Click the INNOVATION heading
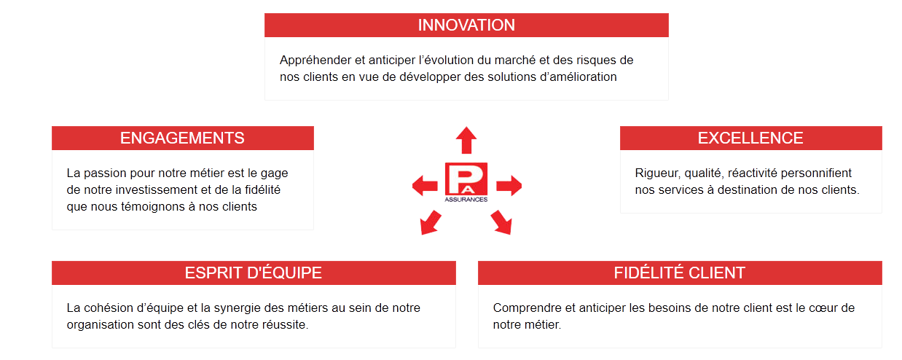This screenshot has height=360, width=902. [x=466, y=25]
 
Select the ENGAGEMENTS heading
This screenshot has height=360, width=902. [x=182, y=138]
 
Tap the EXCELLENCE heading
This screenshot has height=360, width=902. [x=750, y=138]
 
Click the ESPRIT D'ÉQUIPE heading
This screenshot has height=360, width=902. [x=254, y=273]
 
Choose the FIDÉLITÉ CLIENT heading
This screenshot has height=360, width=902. [x=680, y=273]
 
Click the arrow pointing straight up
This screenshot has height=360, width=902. [x=466, y=141]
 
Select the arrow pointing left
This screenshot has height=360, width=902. [x=425, y=186]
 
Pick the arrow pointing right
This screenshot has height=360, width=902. [x=509, y=186]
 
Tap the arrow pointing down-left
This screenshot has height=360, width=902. [x=430, y=223]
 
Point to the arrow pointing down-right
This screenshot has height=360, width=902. [x=502, y=222]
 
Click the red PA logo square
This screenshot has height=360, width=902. [x=466, y=179]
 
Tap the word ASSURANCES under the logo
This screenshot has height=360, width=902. [x=466, y=200]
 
